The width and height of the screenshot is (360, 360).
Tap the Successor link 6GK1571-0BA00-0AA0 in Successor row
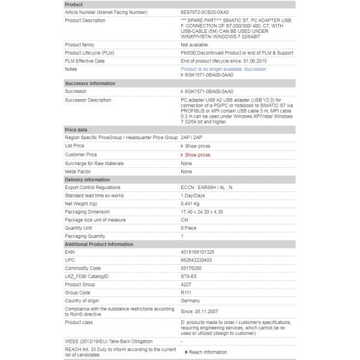point(208,91)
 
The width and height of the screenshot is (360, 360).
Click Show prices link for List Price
point(197,146)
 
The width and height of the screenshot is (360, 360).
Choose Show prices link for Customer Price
point(197,155)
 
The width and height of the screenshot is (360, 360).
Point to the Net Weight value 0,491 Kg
point(194,204)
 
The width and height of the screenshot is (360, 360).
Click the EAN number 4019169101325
point(197,252)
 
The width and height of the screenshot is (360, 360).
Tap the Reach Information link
point(207,352)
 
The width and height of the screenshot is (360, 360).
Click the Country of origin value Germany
point(191,300)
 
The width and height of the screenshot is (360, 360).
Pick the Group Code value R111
point(187,292)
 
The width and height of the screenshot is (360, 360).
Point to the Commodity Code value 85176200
point(192,268)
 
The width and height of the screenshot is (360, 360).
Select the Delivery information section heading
point(87,179)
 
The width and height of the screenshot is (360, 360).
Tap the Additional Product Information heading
point(99,244)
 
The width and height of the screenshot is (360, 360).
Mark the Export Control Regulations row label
point(92,187)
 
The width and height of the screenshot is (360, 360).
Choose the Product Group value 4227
point(187,284)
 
